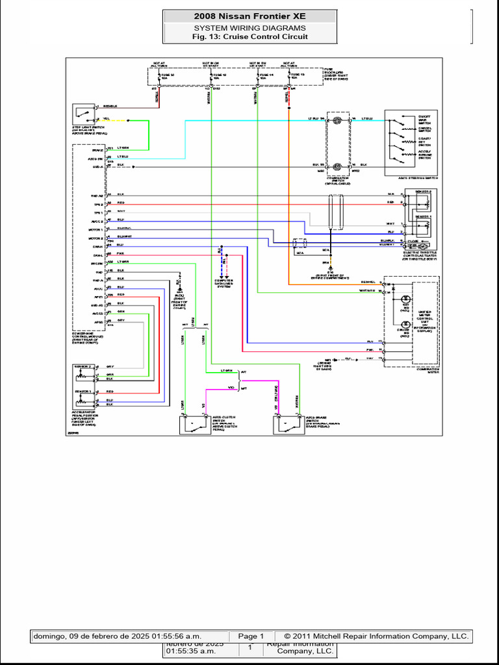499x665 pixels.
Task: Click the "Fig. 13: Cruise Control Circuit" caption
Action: click(x=249, y=37)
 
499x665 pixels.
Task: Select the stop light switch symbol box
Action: click(x=83, y=112)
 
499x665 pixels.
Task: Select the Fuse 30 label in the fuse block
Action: click(x=159, y=75)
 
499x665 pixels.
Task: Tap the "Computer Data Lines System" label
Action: click(x=222, y=283)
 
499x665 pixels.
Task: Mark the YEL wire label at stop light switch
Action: click(x=107, y=119)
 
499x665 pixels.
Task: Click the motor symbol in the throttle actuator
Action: click(x=422, y=246)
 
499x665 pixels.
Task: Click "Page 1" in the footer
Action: click(x=251, y=636)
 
